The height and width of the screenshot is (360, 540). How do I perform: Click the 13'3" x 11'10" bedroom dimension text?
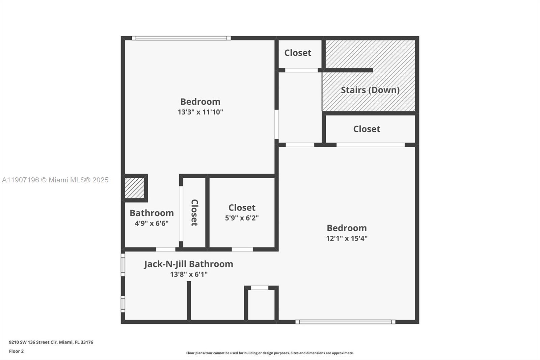(200, 112)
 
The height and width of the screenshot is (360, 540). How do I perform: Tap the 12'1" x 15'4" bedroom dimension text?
(347, 238)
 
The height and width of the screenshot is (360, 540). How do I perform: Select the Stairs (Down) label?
(370, 90)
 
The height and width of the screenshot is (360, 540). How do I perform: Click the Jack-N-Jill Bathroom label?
(188, 264)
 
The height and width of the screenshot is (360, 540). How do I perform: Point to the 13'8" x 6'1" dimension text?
(189, 274)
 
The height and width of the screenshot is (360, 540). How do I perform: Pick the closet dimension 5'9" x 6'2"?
(242, 218)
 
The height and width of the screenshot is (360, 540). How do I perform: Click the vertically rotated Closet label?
(194, 212)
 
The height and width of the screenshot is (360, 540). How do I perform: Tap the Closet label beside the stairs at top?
(297, 53)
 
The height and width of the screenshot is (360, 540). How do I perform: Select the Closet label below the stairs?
(367, 129)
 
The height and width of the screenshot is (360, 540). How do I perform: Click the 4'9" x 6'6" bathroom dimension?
(152, 223)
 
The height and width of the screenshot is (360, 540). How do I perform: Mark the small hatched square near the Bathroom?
(134, 188)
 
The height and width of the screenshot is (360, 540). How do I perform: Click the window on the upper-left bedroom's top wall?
(181, 38)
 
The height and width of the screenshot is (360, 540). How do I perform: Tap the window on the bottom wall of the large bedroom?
(345, 322)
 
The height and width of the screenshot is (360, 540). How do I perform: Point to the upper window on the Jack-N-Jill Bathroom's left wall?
(123, 265)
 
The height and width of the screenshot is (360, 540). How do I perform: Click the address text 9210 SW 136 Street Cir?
(51, 342)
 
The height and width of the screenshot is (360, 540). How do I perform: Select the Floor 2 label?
(16, 351)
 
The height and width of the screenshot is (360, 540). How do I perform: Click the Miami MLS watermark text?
(55, 180)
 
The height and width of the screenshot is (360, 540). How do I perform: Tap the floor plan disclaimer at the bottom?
(270, 353)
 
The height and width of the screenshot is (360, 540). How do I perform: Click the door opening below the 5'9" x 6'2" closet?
(242, 249)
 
